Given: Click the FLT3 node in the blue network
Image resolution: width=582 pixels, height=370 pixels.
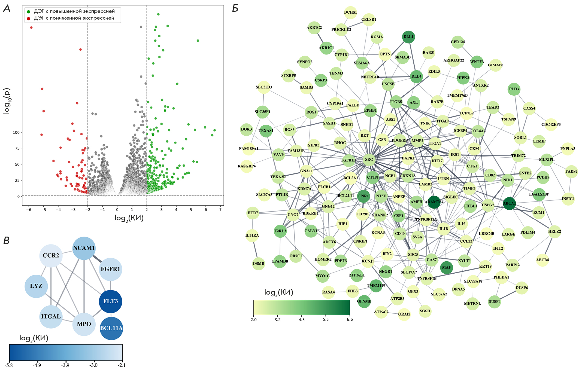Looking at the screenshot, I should click(110, 301).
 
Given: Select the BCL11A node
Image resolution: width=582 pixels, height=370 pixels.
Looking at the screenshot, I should click(111, 328).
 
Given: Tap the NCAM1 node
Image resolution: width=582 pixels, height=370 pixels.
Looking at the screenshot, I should click(84, 248).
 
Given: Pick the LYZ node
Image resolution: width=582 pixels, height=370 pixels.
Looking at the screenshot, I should click(36, 286).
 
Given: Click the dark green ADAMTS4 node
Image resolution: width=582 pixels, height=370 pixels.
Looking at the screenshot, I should click(434, 202).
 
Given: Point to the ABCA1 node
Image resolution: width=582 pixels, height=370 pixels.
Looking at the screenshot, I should click(509, 203).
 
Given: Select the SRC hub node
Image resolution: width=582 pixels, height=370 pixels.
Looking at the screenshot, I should click(369, 160).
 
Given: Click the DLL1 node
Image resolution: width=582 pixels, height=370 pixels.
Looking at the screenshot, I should click(408, 37).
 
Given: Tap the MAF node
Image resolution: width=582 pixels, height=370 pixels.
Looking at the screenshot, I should click(446, 267).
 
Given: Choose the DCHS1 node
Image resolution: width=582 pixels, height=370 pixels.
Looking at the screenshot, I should click(350, 13).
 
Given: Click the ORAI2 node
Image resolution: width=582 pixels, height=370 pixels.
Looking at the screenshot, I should click(404, 314).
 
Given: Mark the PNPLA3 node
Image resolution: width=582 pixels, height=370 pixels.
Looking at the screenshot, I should click(568, 149).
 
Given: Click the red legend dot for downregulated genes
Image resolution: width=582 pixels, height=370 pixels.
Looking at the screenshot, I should click(28, 19).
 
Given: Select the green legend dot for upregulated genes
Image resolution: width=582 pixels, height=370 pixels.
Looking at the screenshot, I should click(28, 12).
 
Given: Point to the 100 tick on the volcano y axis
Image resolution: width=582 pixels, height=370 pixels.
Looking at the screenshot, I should click(16, 133).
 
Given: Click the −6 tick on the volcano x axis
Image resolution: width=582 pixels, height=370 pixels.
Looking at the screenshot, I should click(29, 210).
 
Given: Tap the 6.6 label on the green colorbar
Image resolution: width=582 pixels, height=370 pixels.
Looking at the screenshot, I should click(350, 319).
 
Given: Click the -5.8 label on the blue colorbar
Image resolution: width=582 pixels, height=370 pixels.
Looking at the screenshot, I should click(9, 365).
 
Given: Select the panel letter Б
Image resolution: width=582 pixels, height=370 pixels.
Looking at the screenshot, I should click(235, 8).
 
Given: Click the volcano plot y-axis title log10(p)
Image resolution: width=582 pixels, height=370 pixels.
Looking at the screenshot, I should click(7, 101).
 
